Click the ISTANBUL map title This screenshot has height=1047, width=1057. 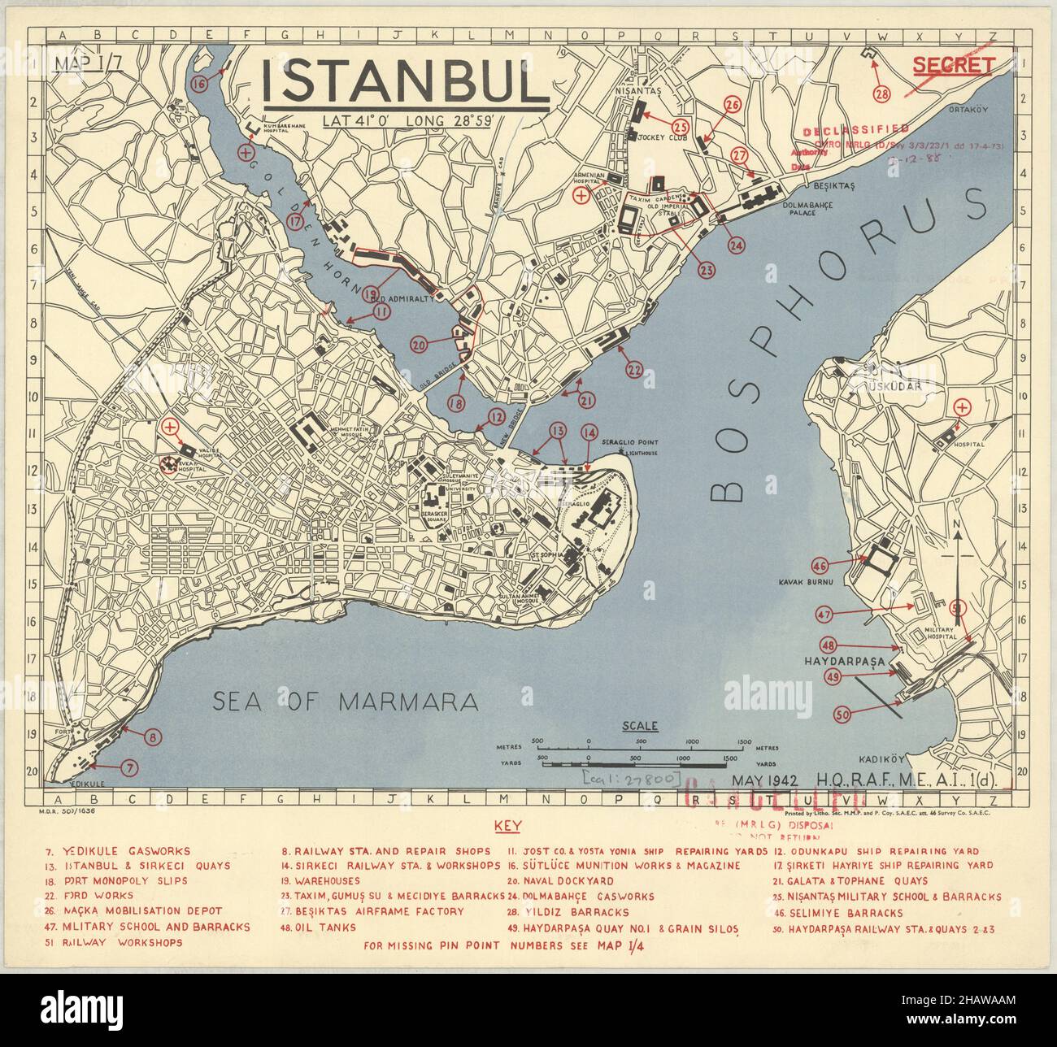[x=406, y=80]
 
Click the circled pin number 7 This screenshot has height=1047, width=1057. [x=131, y=766]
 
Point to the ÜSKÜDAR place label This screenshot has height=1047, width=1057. [x=894, y=386]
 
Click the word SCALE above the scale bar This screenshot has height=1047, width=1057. [x=639, y=726]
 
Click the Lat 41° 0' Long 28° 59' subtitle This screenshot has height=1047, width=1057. [x=414, y=121]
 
